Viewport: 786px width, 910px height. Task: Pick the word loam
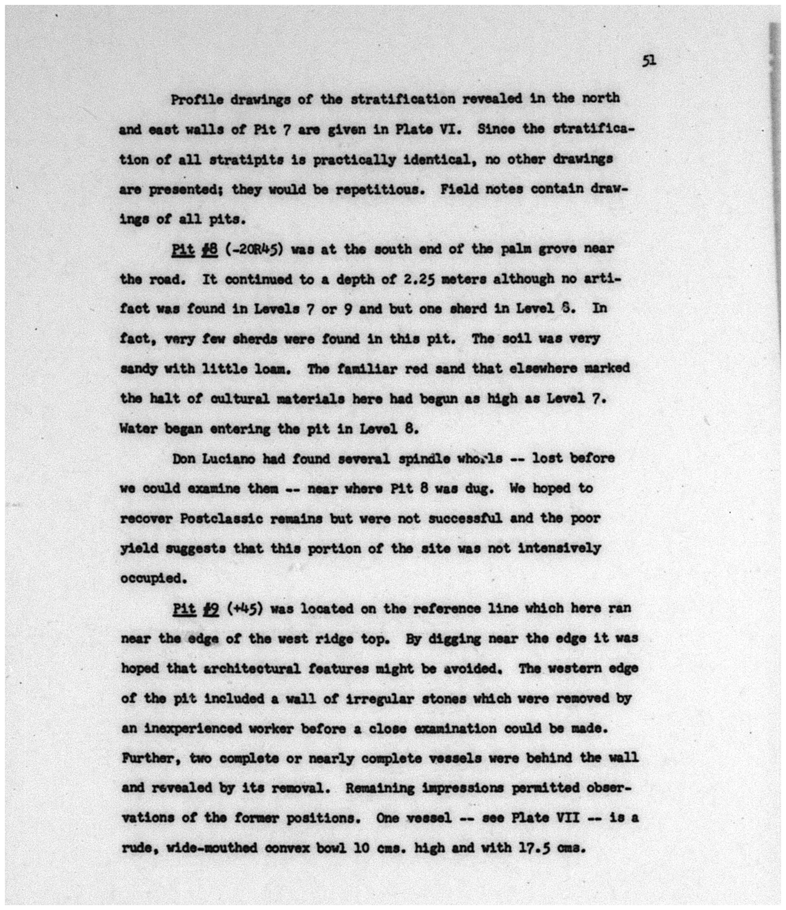(273, 369)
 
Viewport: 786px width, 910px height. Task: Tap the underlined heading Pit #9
(196, 609)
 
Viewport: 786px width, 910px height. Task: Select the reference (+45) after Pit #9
(245, 609)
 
